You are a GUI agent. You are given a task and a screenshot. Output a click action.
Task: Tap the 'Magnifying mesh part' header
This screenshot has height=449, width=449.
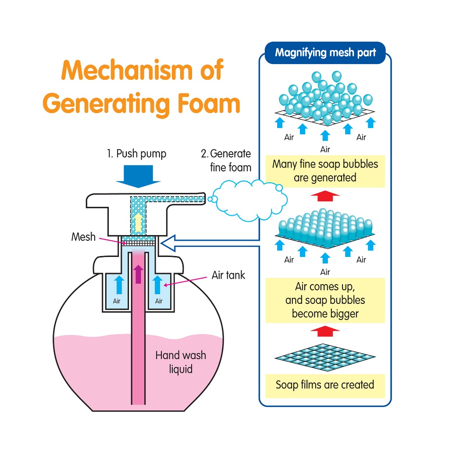(325, 53)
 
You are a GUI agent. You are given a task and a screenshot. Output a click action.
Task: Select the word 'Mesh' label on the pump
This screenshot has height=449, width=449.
(83, 237)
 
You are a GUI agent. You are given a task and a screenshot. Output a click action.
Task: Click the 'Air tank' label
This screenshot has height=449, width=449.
(228, 275)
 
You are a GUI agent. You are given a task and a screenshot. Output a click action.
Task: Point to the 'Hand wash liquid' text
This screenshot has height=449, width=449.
(181, 362)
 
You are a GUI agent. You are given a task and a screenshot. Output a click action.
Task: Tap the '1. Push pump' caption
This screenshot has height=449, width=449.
(137, 154)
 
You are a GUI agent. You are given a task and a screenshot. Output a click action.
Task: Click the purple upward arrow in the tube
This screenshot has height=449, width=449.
(139, 274)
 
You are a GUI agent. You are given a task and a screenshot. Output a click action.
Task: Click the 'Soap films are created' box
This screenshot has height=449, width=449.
(325, 385)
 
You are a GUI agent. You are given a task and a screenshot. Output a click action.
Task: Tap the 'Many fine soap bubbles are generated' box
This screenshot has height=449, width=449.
(325, 171)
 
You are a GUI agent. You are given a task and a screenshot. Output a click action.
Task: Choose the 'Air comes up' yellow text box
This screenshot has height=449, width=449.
(325, 300)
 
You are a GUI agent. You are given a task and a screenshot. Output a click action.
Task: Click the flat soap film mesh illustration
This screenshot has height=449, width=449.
(325, 357)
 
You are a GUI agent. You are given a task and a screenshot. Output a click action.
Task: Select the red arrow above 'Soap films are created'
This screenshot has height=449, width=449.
(325, 330)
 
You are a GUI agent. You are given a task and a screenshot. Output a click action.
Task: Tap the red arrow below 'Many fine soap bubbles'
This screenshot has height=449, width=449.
(325, 196)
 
